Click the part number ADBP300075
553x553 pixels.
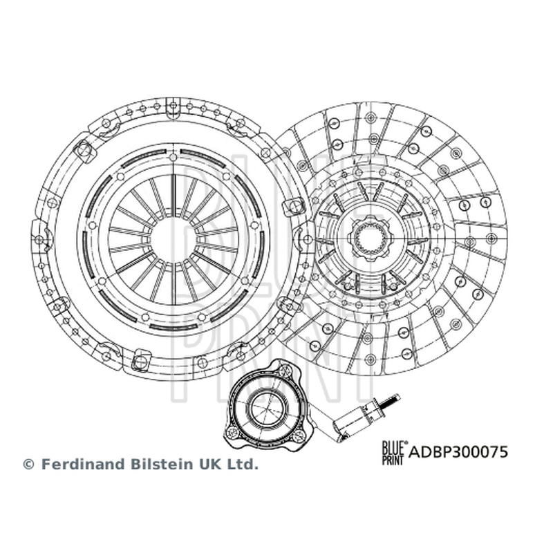pyautogui.click(x=458, y=452)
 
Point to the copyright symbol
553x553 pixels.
pyautogui.click(x=28, y=465)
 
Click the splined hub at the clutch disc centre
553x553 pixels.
pyautogui.click(x=370, y=238)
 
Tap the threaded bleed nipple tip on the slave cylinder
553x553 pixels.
pyautogui.click(x=391, y=402)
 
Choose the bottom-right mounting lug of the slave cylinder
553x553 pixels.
pyautogui.click(x=298, y=435)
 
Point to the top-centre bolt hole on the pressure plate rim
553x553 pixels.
pyautogui.click(x=173, y=105)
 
